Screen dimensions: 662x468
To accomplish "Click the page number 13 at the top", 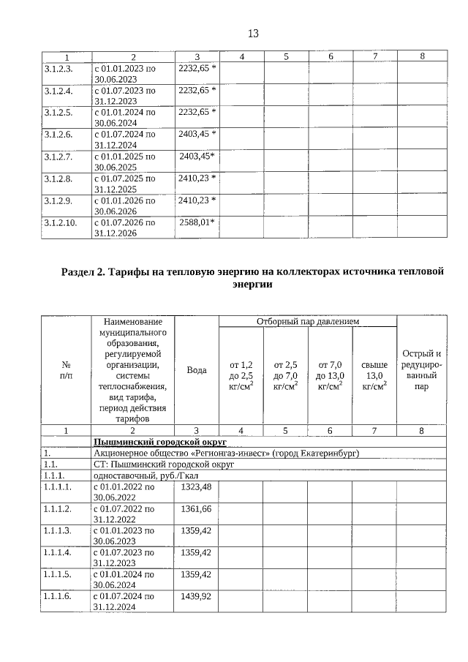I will tap(253, 34).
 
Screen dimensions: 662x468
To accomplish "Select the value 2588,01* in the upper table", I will tap(197, 222).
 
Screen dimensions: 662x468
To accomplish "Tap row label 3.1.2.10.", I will tap(61, 222).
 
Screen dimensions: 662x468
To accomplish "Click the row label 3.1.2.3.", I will tap(58, 68).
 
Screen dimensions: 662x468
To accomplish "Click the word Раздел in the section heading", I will tap(82, 272).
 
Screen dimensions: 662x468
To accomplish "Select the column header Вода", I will tap(197, 370).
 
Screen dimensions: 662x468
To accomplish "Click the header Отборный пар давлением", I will tap(307, 322).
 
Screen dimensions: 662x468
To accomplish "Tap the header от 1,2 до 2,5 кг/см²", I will tap(241, 375).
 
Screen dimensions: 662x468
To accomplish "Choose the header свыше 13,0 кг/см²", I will tap(374, 375).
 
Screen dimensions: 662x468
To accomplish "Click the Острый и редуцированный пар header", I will tap(421, 370).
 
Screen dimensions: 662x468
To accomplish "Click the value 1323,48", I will tap(195, 486).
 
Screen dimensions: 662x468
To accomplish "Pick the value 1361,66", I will tap(195, 508).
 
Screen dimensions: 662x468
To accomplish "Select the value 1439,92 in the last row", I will tap(195, 596).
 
